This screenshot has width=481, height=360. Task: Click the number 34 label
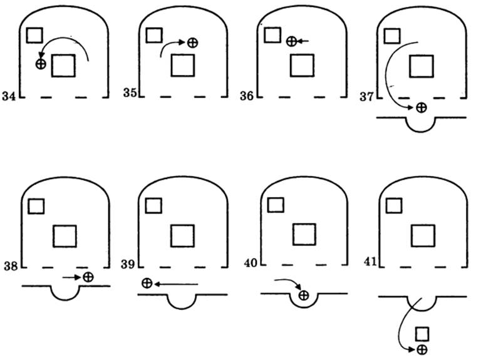(x=9, y=100)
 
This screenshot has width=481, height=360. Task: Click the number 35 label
(x=129, y=93)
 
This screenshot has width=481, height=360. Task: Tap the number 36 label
(x=247, y=96)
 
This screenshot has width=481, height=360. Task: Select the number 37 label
(x=366, y=96)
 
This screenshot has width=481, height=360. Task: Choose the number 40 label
(x=251, y=264)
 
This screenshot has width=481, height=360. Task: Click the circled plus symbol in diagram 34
(x=41, y=63)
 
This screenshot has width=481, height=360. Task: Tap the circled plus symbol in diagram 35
(x=193, y=42)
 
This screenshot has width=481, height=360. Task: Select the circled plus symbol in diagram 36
(x=291, y=41)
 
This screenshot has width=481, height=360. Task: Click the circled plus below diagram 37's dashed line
(x=422, y=108)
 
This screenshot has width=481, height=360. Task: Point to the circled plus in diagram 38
(x=88, y=276)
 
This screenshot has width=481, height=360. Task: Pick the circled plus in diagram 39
(x=147, y=284)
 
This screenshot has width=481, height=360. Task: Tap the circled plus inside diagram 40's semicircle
(x=304, y=295)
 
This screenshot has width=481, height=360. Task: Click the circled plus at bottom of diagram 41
(x=422, y=349)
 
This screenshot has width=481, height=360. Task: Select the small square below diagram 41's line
(x=422, y=332)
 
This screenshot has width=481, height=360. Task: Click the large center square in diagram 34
(x=63, y=65)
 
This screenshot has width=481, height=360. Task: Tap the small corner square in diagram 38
(x=37, y=205)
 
